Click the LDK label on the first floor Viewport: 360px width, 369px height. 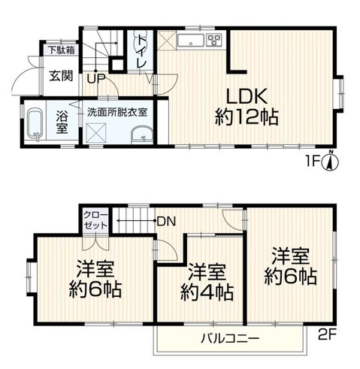tap(247, 96)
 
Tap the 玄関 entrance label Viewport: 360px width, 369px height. tap(61, 76)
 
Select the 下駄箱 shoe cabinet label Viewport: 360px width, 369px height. tap(62, 50)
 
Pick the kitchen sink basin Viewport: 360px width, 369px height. tap(191, 40)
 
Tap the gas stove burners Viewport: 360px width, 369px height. tap(214, 40)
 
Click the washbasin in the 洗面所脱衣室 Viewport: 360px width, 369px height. tap(142, 135)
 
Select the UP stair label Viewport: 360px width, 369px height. tap(96, 79)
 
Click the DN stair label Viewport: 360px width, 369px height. tap(166, 222)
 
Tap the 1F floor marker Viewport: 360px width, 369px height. tap(313, 162)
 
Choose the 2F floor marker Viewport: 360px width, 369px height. tap(326, 335)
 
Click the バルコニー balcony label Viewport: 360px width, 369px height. tap(230, 339)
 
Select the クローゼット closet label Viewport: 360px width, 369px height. tap(96, 220)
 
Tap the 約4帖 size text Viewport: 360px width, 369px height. tap(207, 292)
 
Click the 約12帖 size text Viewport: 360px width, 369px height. tap(247, 116)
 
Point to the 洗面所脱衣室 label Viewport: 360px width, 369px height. tap(117, 112)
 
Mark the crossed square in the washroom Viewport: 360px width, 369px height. tap(96, 133)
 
